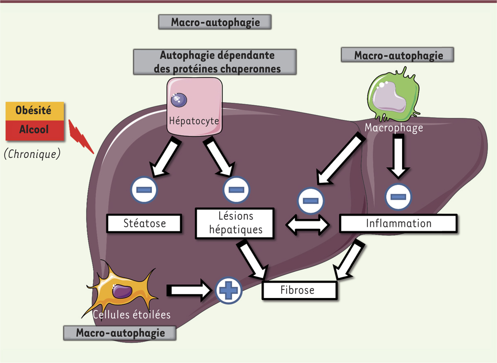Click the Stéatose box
145,224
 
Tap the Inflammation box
398,224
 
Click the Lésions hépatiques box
235,224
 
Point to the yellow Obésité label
35,111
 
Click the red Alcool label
35,130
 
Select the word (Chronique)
32,154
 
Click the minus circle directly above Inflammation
398,195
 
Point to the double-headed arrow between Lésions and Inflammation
308,225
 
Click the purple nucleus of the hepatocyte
179,99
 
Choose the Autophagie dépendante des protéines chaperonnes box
215,62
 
